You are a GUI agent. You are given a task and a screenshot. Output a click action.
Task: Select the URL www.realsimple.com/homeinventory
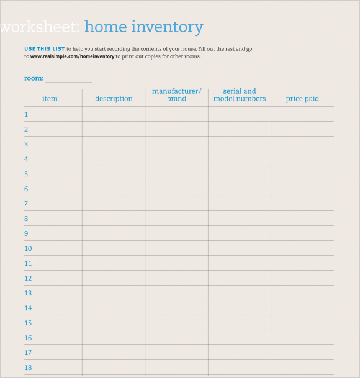72,56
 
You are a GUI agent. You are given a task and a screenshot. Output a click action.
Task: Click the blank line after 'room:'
68,80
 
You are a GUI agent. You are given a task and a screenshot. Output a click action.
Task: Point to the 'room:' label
34,78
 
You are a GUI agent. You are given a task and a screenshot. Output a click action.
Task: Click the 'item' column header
50,99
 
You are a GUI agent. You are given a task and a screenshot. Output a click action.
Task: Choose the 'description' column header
114,99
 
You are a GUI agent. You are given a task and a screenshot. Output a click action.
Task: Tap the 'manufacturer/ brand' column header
177,95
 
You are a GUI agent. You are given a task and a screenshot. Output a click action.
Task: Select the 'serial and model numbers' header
240,95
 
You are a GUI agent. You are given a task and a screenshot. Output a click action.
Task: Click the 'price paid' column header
302,99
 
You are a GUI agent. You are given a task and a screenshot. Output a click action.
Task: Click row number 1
26,114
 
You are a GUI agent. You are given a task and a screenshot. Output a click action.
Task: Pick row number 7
26,204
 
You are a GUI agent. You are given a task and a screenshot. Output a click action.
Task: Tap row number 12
28,278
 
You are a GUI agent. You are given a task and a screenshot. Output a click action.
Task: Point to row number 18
28,367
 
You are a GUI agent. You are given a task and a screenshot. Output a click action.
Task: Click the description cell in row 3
114,144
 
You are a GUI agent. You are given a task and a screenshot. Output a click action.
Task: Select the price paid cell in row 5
302,174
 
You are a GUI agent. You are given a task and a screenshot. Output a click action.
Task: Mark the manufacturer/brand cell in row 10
177,248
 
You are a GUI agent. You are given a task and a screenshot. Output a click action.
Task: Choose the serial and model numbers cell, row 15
240,323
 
